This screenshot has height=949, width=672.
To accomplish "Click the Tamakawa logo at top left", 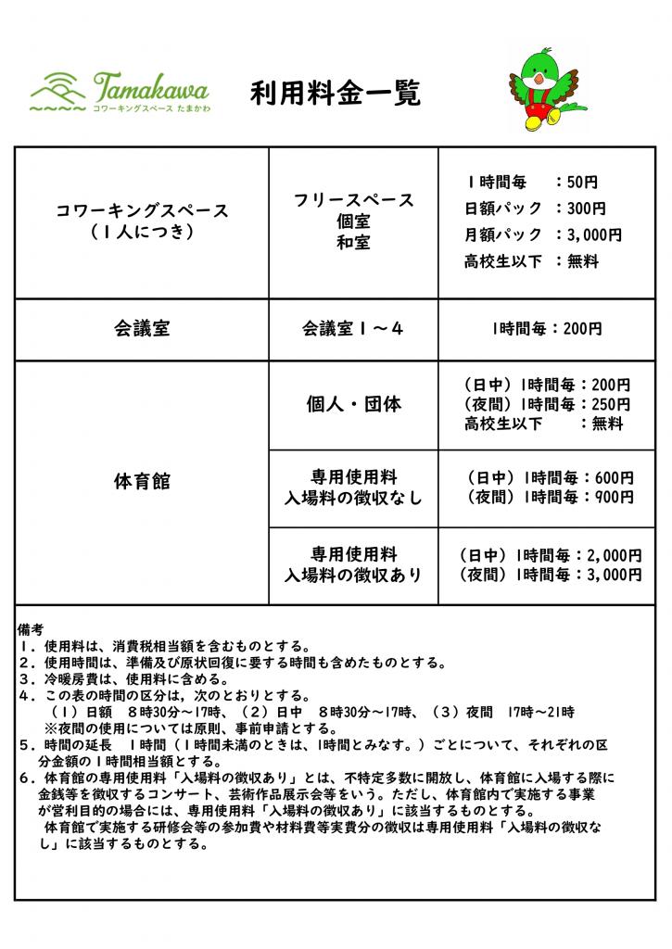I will (x=120, y=93).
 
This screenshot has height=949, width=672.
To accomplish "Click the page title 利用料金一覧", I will (x=335, y=93).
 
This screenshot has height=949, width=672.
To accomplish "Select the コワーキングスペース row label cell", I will (x=142, y=221).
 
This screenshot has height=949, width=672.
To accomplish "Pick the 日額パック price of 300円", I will (x=590, y=209).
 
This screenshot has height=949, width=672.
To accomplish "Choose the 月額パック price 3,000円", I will (x=599, y=234).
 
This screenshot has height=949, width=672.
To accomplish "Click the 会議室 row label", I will (x=142, y=328).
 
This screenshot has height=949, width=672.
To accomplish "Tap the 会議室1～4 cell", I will (x=352, y=328).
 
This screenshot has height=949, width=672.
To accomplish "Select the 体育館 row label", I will (x=142, y=482).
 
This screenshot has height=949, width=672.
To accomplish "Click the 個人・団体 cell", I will (x=353, y=405).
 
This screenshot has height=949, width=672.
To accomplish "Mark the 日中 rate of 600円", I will (x=616, y=478).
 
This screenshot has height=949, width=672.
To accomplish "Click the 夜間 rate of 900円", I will (x=616, y=498).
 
